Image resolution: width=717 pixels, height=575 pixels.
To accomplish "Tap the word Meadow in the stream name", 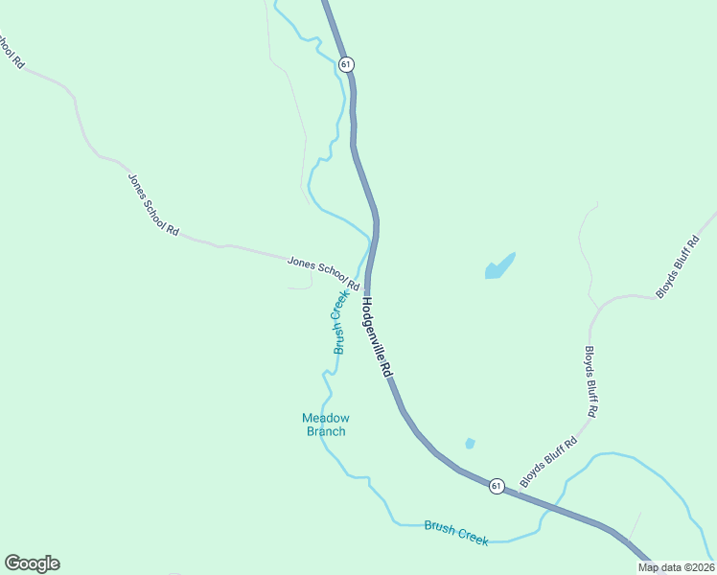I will pyautogui.click(x=326, y=418).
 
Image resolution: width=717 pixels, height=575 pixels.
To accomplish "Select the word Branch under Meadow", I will pyautogui.click(x=326, y=431).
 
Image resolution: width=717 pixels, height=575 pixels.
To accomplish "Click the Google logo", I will pyautogui.click(x=32, y=563).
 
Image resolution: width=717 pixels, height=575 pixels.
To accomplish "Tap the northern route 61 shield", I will pyautogui.click(x=346, y=63).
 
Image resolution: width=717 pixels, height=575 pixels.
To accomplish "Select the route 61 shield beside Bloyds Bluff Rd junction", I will pyautogui.click(x=496, y=486).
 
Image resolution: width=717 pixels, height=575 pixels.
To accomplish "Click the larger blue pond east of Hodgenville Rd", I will pyautogui.click(x=499, y=265).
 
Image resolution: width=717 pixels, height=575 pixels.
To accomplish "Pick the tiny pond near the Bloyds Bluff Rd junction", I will pyautogui.click(x=470, y=443).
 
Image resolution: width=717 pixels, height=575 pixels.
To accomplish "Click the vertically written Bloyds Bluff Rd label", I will pyautogui.click(x=591, y=380).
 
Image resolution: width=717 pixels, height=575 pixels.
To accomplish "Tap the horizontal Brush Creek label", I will pyautogui.click(x=456, y=533).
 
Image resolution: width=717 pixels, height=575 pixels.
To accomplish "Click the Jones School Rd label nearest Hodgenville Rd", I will pyautogui.click(x=323, y=272).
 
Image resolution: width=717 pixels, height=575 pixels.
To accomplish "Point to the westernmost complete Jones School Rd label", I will pyautogui.click(x=153, y=204).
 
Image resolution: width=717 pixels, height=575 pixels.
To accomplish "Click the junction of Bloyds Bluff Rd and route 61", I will pyautogui.click(x=518, y=493).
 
